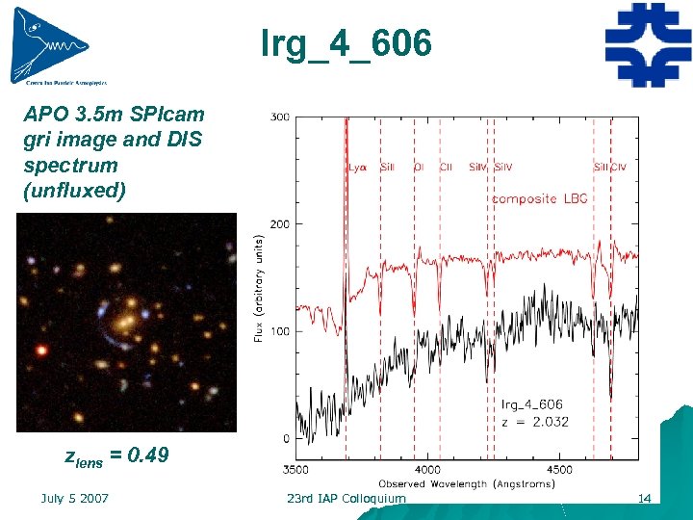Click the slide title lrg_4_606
pos(346,42)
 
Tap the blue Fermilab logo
pos(647,45)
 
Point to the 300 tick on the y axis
pos(279,117)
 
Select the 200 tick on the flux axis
pos(279,223)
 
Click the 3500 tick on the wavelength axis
pos(295,470)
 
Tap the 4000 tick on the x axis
pos(427,470)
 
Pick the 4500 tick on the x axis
pos(559,470)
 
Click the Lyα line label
pos(357,167)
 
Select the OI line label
pos(418,167)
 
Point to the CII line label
pos(446,167)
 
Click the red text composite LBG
pos(539,198)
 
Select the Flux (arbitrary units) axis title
pos(258,289)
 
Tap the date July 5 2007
pos(74,498)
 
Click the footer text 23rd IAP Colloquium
pos(346,498)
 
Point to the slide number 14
pos(645,498)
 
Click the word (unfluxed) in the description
pos(74,190)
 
